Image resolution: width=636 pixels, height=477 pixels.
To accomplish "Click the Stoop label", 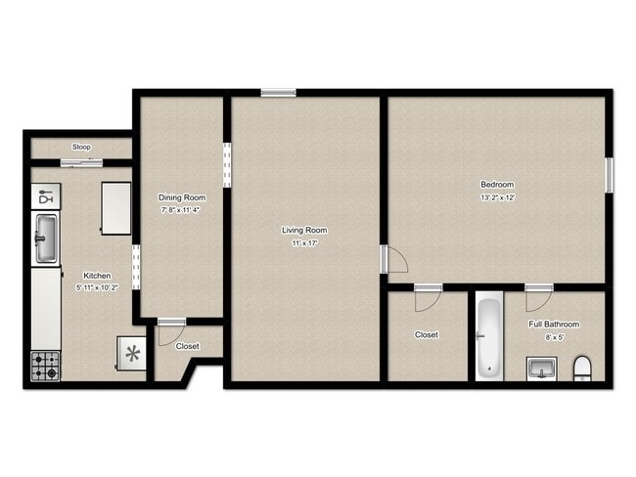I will pos(80,148).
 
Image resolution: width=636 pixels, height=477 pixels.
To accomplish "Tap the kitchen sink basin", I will pos(45,238).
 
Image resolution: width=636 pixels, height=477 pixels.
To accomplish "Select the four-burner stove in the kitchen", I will pos(45,366).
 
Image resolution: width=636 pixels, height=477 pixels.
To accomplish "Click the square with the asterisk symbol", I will pos(131,353).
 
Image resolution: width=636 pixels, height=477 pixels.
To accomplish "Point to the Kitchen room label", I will pos(96,276).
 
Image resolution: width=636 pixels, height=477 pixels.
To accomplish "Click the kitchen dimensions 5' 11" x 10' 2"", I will pos(96,287).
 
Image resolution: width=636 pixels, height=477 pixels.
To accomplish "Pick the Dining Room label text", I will pos(181,197).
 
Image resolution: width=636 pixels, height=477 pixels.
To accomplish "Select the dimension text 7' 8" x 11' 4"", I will pos(181,209).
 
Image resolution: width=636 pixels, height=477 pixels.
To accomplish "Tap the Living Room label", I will pos(303,231).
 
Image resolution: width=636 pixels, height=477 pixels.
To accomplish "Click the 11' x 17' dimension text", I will pos(303,242).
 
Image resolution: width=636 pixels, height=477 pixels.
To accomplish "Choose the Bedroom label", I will pos(496,185).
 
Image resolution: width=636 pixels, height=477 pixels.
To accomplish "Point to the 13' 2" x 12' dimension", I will pos(496,196).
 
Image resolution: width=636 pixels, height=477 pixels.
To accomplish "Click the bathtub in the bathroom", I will pos(488,338).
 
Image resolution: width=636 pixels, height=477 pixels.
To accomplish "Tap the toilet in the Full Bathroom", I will pos(582,369).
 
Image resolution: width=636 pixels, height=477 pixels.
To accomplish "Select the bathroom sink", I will pos(540,369).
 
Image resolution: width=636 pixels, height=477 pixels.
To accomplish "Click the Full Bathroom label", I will pos(554,325).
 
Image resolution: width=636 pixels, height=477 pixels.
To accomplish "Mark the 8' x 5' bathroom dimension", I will pos(554,336).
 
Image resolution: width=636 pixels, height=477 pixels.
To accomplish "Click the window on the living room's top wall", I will pos(278,93).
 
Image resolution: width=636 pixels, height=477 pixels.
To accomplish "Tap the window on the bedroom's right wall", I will pos(609,174).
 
